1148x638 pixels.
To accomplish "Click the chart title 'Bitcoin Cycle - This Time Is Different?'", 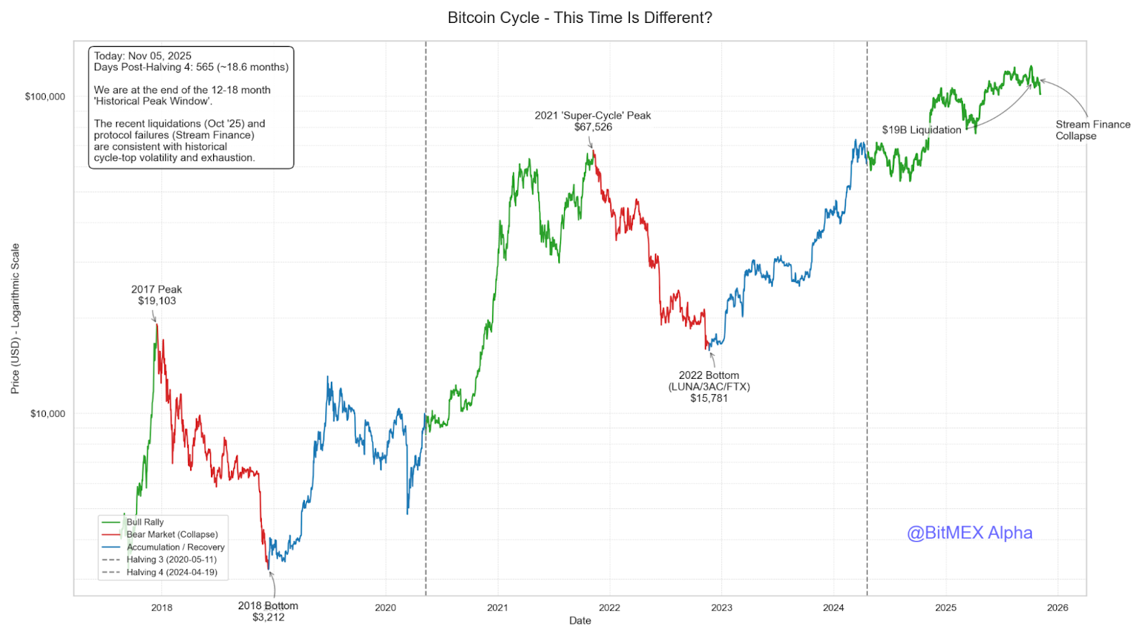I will click(580, 18).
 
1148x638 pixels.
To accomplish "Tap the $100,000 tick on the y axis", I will click(45, 97).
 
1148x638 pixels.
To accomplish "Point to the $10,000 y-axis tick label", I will click(47, 413).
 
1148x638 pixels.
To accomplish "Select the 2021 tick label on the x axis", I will click(497, 608).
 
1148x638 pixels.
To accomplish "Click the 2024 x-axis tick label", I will click(833, 608).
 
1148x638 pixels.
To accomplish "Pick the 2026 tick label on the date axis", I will click(1057, 608).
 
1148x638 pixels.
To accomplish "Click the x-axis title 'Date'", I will click(580, 621).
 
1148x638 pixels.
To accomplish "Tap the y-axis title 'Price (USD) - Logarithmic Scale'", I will click(15, 319).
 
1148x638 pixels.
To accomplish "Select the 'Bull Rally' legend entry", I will click(145, 522).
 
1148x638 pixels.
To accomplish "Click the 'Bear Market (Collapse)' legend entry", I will click(171, 535).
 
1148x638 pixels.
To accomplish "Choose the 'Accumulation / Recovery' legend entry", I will click(175, 548).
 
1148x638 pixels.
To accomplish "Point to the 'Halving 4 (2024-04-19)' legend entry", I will click(171, 573).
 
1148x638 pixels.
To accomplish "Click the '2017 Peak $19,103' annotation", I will click(156, 295).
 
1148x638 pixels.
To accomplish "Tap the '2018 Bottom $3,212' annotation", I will click(268, 611).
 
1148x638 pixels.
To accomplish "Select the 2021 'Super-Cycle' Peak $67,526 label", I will click(593, 121).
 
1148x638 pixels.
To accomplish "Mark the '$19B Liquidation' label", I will click(921, 130).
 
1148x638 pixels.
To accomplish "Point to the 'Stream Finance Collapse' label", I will click(1092, 130).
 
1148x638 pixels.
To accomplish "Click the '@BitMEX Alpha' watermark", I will click(969, 533).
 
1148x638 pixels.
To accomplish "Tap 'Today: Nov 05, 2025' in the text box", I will click(143, 56).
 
